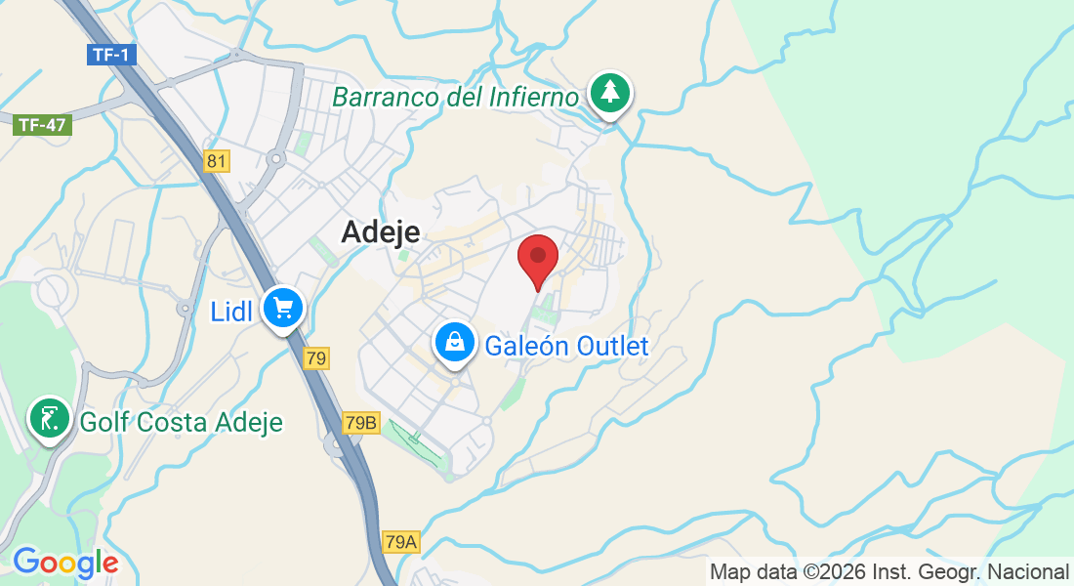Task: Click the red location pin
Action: pos(537,258)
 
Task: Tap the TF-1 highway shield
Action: pos(111,55)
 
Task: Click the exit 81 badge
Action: pos(216,161)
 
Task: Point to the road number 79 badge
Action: pos(315,358)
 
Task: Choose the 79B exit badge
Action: pos(360,423)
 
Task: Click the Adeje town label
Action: pos(381,231)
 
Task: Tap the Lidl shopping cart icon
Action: pos(284,309)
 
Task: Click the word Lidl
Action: pos(231,312)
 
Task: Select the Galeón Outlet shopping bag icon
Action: pos(455,343)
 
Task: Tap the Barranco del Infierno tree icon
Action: pos(610,93)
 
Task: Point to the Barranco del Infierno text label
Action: pos(456,97)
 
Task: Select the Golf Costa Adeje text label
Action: pos(181,422)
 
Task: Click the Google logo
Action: pos(64,563)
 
